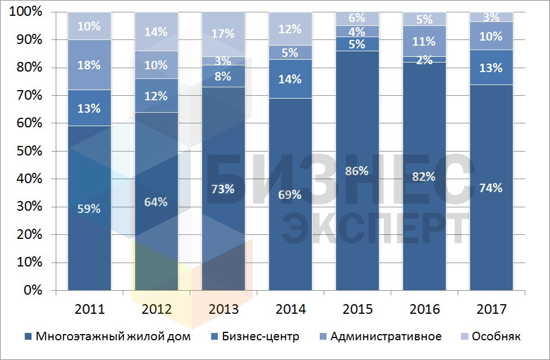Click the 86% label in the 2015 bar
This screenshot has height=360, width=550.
pyautogui.click(x=357, y=171)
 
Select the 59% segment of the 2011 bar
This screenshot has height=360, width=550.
pyautogui.click(x=90, y=209)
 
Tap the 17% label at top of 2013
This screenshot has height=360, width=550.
pyautogui.click(x=223, y=33)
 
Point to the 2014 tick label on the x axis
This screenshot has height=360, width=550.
pyautogui.click(x=290, y=309)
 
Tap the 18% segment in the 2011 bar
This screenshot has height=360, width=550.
pyautogui.click(x=90, y=65)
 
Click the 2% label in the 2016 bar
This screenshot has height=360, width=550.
pyautogui.click(x=424, y=60)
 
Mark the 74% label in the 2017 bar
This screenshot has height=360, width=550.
pyautogui.click(x=491, y=188)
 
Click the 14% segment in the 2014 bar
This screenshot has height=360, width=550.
pyautogui.click(x=290, y=79)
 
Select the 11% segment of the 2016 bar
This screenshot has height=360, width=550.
pyautogui.click(x=424, y=41)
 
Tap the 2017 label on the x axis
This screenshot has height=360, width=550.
pyautogui.click(x=491, y=309)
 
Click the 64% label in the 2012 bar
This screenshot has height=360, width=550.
pyautogui.click(x=156, y=201)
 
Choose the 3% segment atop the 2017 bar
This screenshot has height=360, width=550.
pyautogui.click(x=491, y=17)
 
